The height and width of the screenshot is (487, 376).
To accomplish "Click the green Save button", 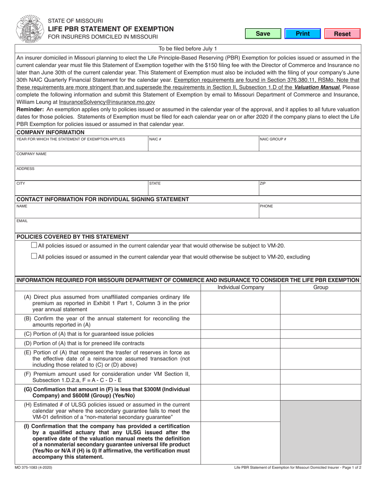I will (x=262, y=34).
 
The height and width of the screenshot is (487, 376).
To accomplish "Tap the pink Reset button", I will (x=342, y=34).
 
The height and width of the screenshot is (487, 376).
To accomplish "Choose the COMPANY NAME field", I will (x=188, y=159).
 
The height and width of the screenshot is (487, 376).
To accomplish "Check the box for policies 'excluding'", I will (x=34, y=256).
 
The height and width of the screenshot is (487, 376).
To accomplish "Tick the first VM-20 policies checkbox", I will (x=34, y=245).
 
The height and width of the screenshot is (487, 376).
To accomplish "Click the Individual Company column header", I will (x=241, y=287).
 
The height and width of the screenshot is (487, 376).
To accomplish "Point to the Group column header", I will (x=321, y=287).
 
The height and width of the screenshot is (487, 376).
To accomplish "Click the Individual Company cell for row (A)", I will (x=241, y=303).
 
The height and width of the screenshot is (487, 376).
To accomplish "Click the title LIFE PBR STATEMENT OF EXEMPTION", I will (x=110, y=29).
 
